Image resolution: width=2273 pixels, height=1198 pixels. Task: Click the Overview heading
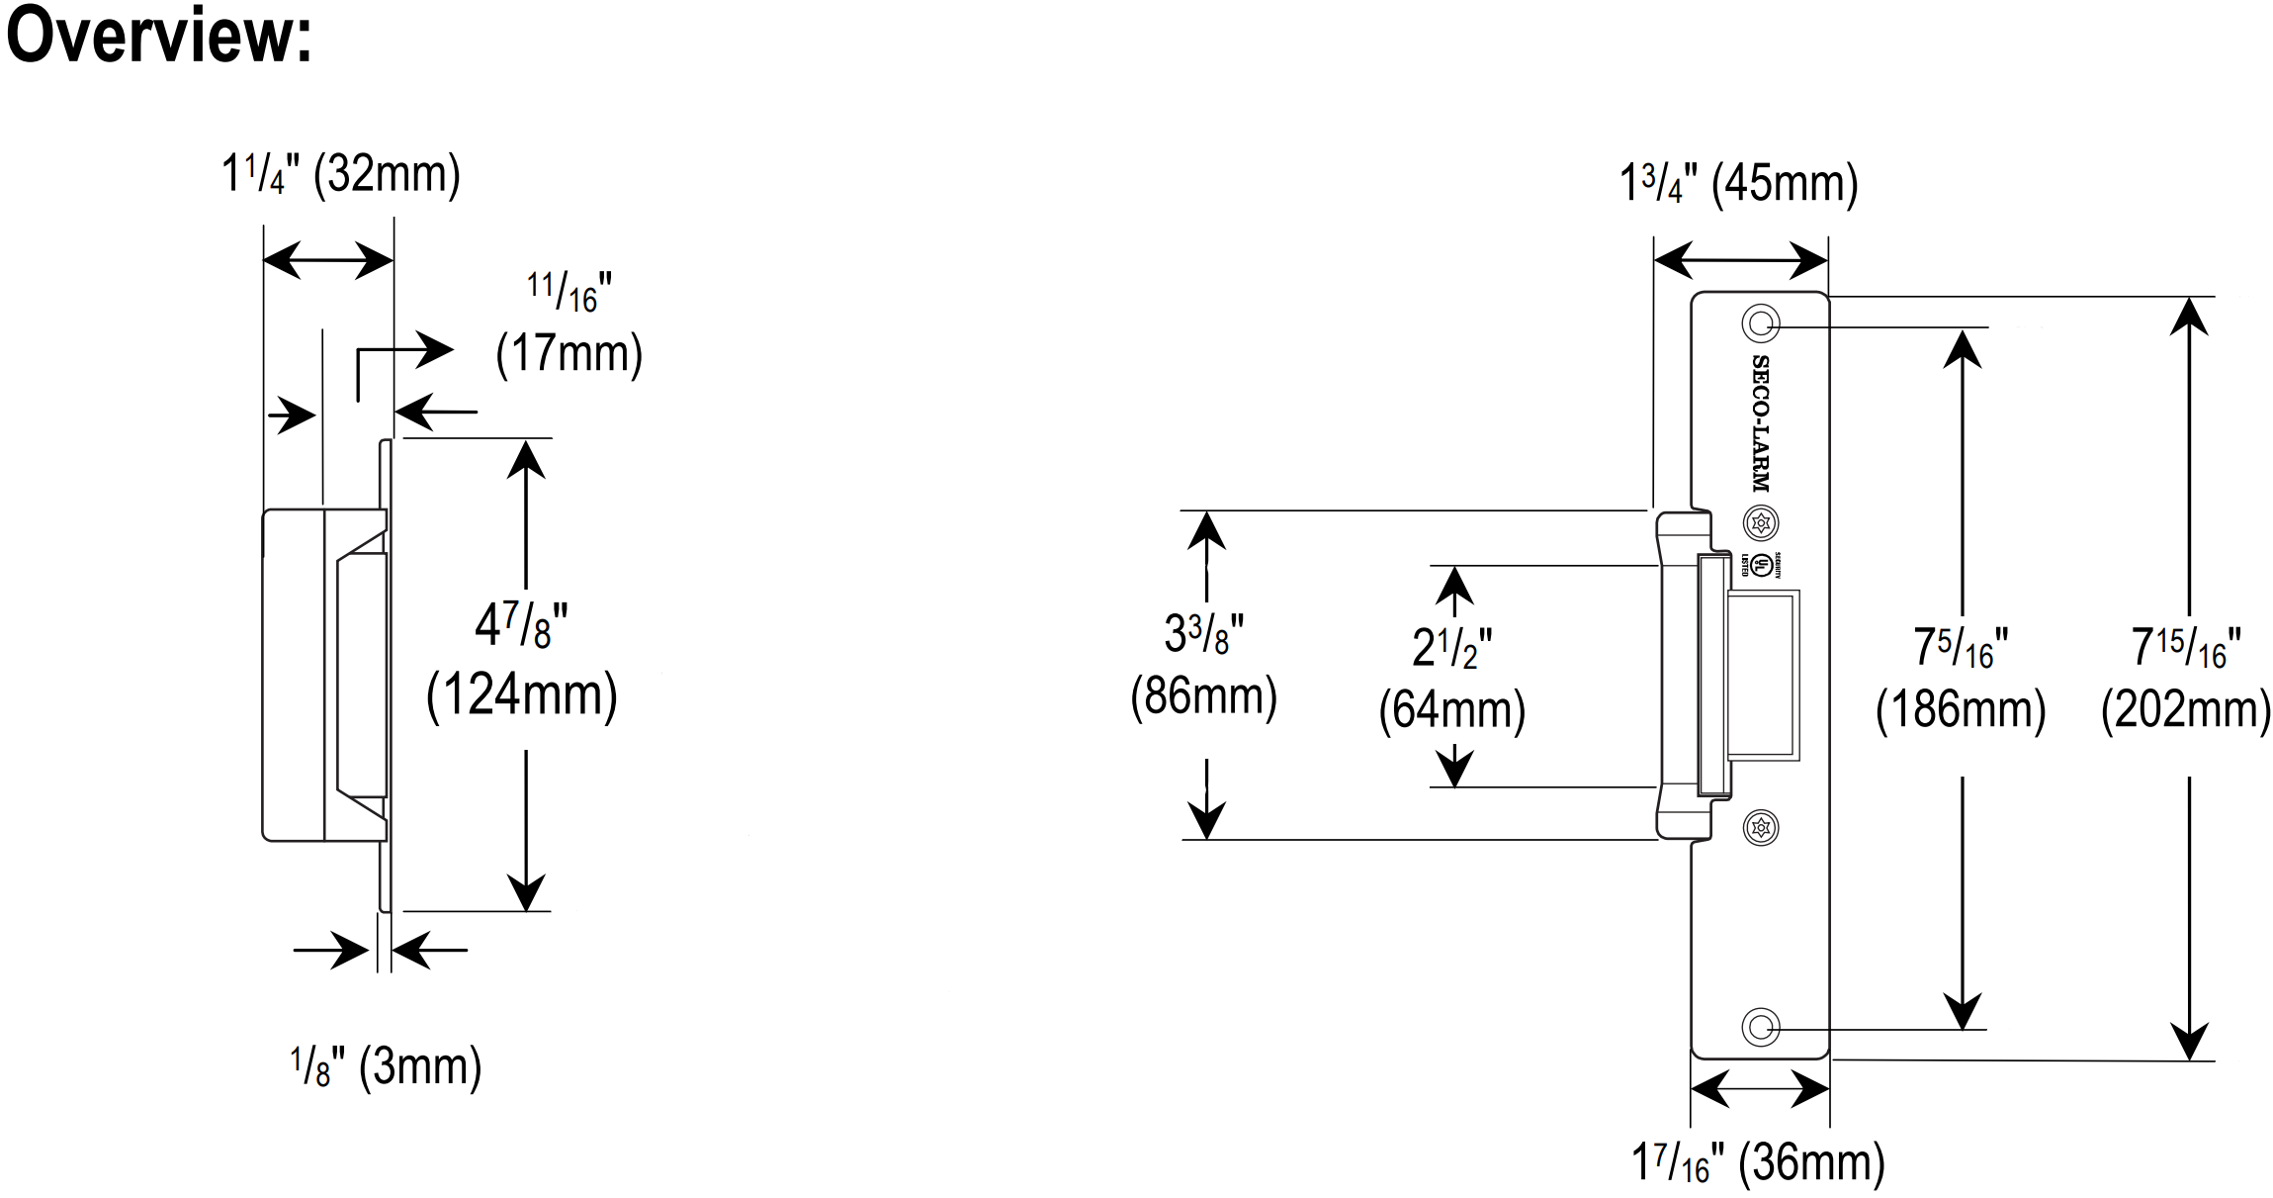tap(158, 36)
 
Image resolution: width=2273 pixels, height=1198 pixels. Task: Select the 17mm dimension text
tap(568, 353)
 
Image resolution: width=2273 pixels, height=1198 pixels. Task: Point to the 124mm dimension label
tap(521, 694)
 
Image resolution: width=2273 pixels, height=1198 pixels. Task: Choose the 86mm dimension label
tap(1203, 696)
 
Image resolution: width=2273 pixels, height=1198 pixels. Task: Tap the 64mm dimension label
tap(1451, 710)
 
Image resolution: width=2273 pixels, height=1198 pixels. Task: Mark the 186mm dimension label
tap(1961, 710)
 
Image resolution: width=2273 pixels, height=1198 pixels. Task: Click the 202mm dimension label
tap(2185, 710)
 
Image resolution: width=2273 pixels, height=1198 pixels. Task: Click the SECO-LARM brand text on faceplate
tap(1761, 423)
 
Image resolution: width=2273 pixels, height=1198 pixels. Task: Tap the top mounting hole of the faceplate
tap(1760, 323)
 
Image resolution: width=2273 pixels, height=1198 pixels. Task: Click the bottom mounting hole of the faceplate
tap(1760, 1027)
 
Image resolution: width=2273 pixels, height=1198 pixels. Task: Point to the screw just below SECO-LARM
tap(1761, 522)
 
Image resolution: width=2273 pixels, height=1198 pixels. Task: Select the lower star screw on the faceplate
tap(1761, 827)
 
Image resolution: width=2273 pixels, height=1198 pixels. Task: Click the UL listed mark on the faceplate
tap(1761, 566)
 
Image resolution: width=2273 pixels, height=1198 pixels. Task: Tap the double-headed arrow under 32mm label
tap(328, 260)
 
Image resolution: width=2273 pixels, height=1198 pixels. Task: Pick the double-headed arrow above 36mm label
tap(1760, 1089)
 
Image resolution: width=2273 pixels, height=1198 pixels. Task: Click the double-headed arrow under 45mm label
tap(1740, 261)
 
